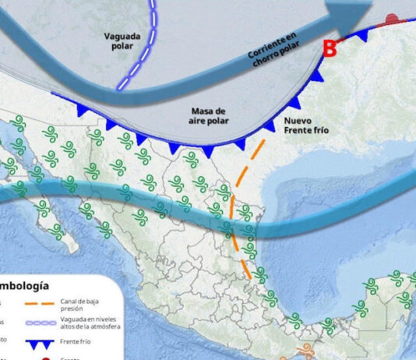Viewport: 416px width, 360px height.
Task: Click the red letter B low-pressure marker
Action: click(330, 49)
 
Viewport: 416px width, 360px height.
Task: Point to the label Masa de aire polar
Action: click(209, 116)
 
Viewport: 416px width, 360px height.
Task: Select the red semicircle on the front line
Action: click(393, 19)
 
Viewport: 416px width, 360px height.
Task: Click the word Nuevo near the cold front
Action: click(298, 121)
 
